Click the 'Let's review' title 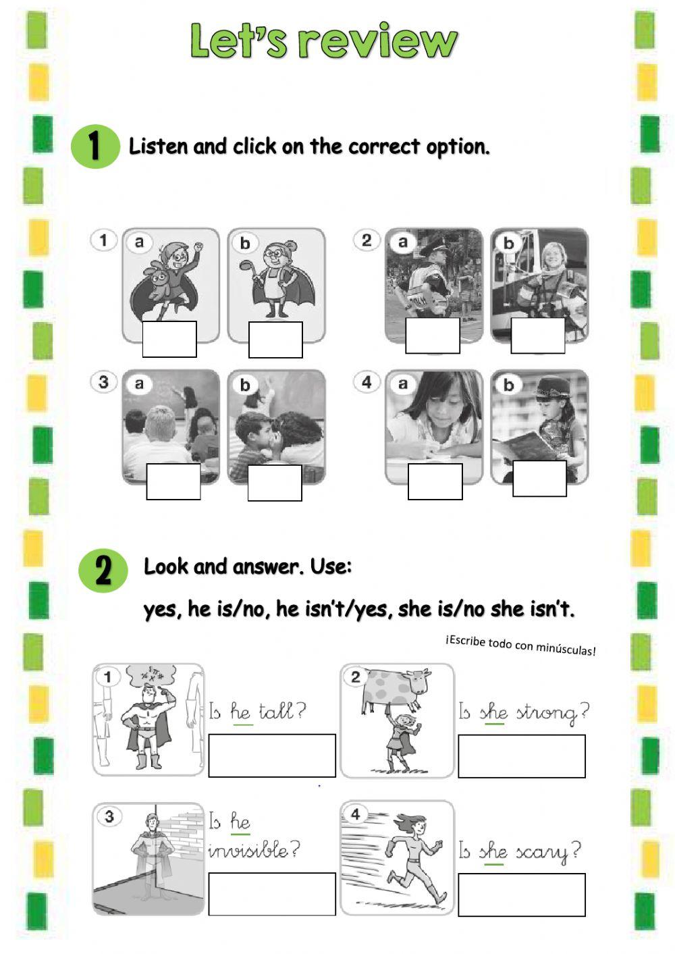[324, 41]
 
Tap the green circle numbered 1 [94, 145]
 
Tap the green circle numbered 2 [103, 571]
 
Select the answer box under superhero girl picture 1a [169, 339]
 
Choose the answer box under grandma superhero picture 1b [275, 340]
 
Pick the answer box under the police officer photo [433, 336]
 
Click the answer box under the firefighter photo [538, 336]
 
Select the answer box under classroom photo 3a [173, 481]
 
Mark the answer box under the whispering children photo [275, 483]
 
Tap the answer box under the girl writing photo [435, 481]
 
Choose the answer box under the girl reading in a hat [539, 478]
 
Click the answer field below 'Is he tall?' [272, 756]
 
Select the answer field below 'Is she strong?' [522, 756]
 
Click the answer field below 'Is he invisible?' [272, 894]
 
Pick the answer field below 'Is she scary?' [522, 895]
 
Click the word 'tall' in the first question [277, 711]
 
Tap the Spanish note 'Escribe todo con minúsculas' [520, 645]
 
